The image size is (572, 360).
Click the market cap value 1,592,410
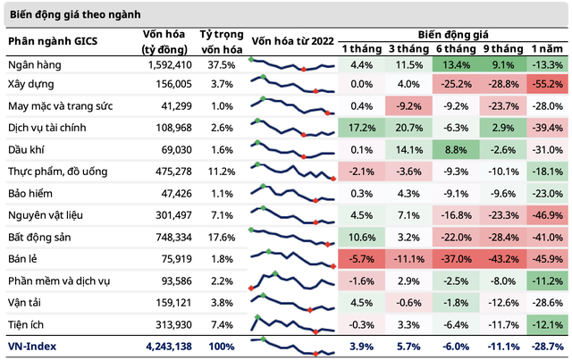click(167, 66)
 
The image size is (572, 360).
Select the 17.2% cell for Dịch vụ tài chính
click(362, 130)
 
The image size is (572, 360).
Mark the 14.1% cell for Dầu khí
click(407, 151)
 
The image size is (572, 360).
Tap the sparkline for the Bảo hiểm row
click(291, 194)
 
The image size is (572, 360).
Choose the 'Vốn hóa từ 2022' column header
click(291, 40)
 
